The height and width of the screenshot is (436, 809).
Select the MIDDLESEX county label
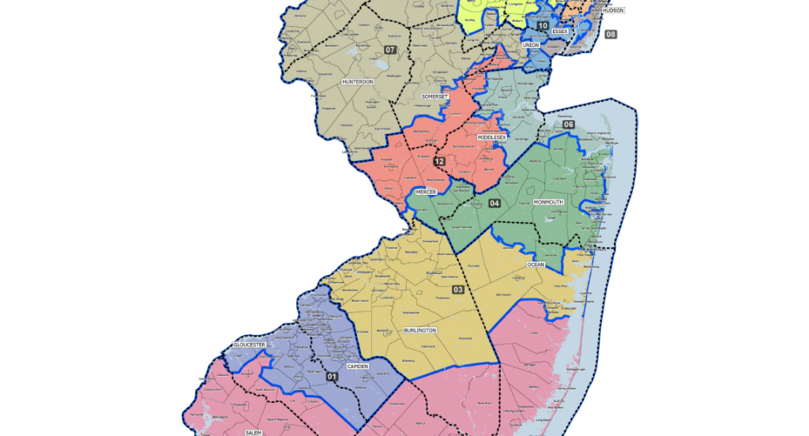[491, 137]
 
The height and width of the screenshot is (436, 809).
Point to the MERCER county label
[426, 192]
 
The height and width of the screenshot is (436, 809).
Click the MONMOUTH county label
[549, 202]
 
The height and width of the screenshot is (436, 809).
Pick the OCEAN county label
[536, 265]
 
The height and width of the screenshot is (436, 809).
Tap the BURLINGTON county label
[420, 331]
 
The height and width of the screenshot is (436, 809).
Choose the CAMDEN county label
[358, 366]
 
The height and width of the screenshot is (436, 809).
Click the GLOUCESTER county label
[249, 345]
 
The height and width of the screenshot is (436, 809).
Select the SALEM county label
[253, 433]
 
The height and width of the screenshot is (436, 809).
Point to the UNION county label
[531, 45]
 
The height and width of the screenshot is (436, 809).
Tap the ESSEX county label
[560, 31]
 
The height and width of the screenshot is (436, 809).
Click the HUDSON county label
[613, 10]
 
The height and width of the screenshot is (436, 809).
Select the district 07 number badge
[389, 50]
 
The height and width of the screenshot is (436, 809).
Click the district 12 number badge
[439, 162]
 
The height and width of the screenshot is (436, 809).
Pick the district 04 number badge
[494, 203]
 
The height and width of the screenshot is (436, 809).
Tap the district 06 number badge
[568, 125]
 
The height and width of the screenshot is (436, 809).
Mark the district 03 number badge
[457, 290]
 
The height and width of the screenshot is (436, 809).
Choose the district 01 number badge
[332, 376]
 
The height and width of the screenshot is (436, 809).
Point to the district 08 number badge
[611, 35]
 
